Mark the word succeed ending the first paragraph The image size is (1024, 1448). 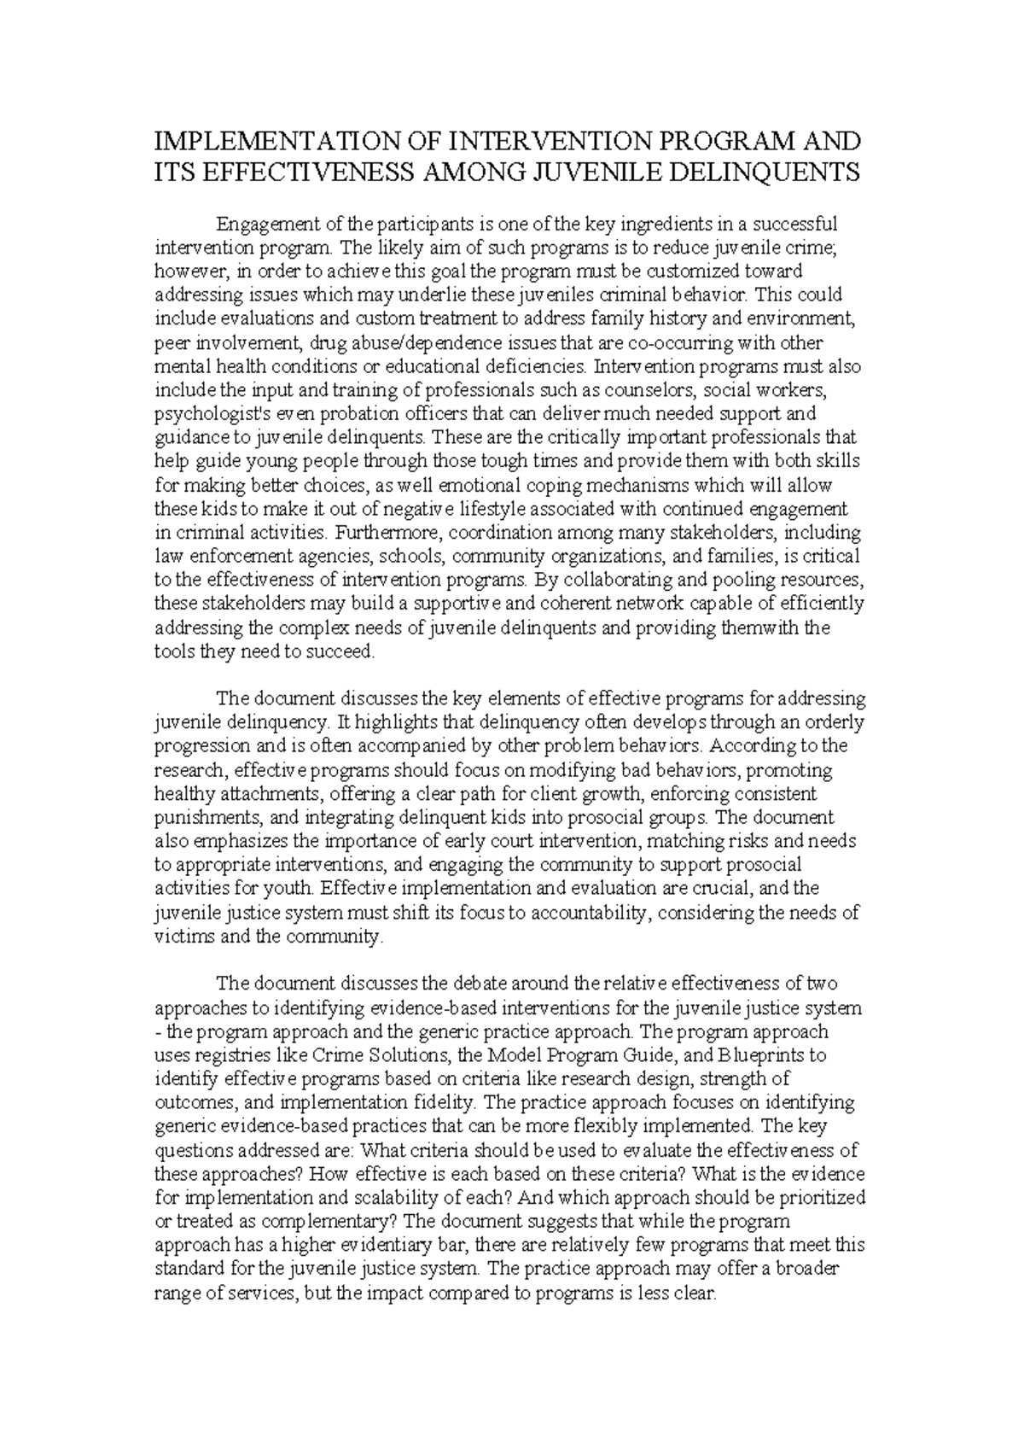click(344, 652)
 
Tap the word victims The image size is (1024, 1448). click(178, 937)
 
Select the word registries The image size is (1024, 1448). click(232, 1055)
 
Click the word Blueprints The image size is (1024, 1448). click(764, 1055)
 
